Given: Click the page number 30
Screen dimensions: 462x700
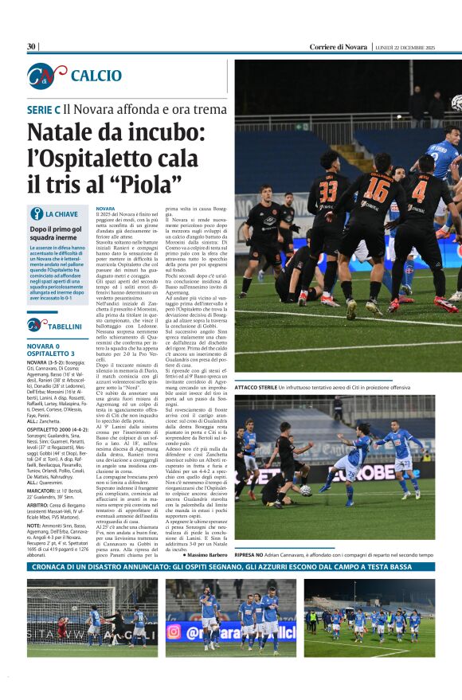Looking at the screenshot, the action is (31, 47).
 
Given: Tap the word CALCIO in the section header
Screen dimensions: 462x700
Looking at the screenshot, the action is (96, 76).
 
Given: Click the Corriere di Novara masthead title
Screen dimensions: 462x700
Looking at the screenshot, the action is (339, 47).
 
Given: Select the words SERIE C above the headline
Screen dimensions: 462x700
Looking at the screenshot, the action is (44, 109).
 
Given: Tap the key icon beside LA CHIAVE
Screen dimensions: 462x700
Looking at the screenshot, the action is (36, 213).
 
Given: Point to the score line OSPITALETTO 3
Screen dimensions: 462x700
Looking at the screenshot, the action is (51, 353).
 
